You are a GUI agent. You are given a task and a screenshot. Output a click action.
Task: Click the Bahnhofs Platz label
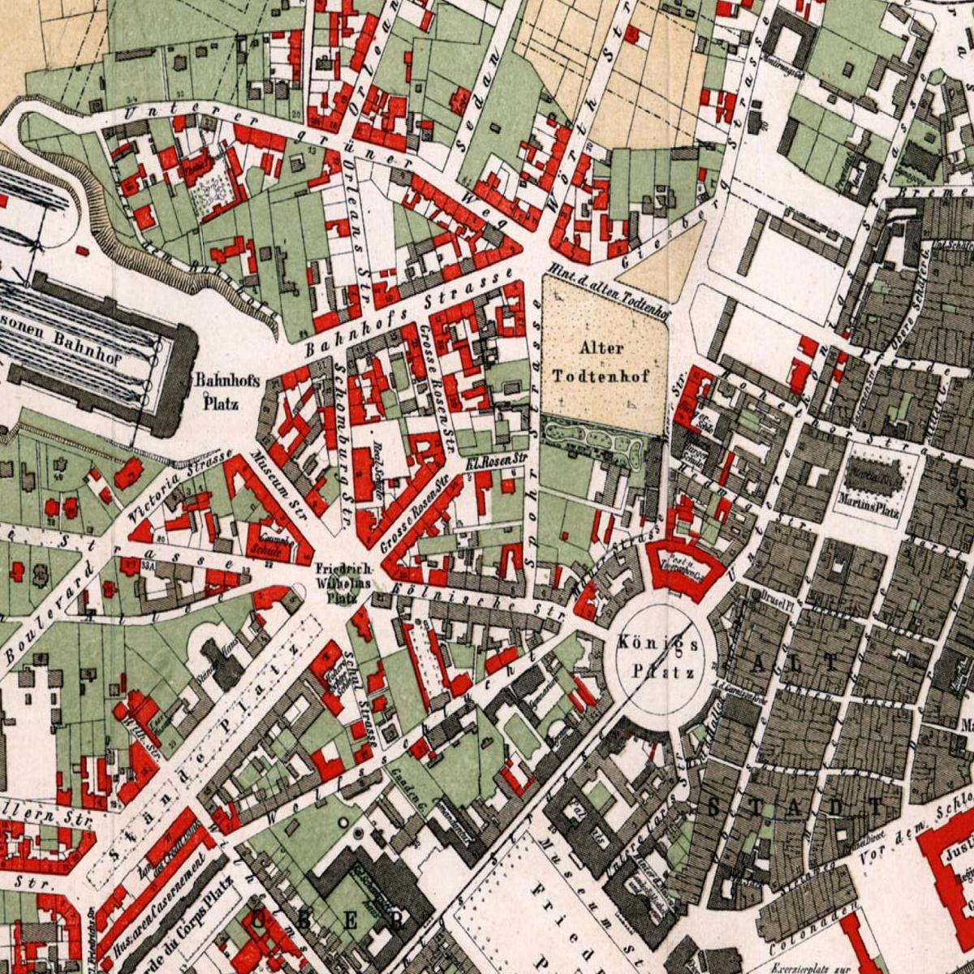coord(216,390)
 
